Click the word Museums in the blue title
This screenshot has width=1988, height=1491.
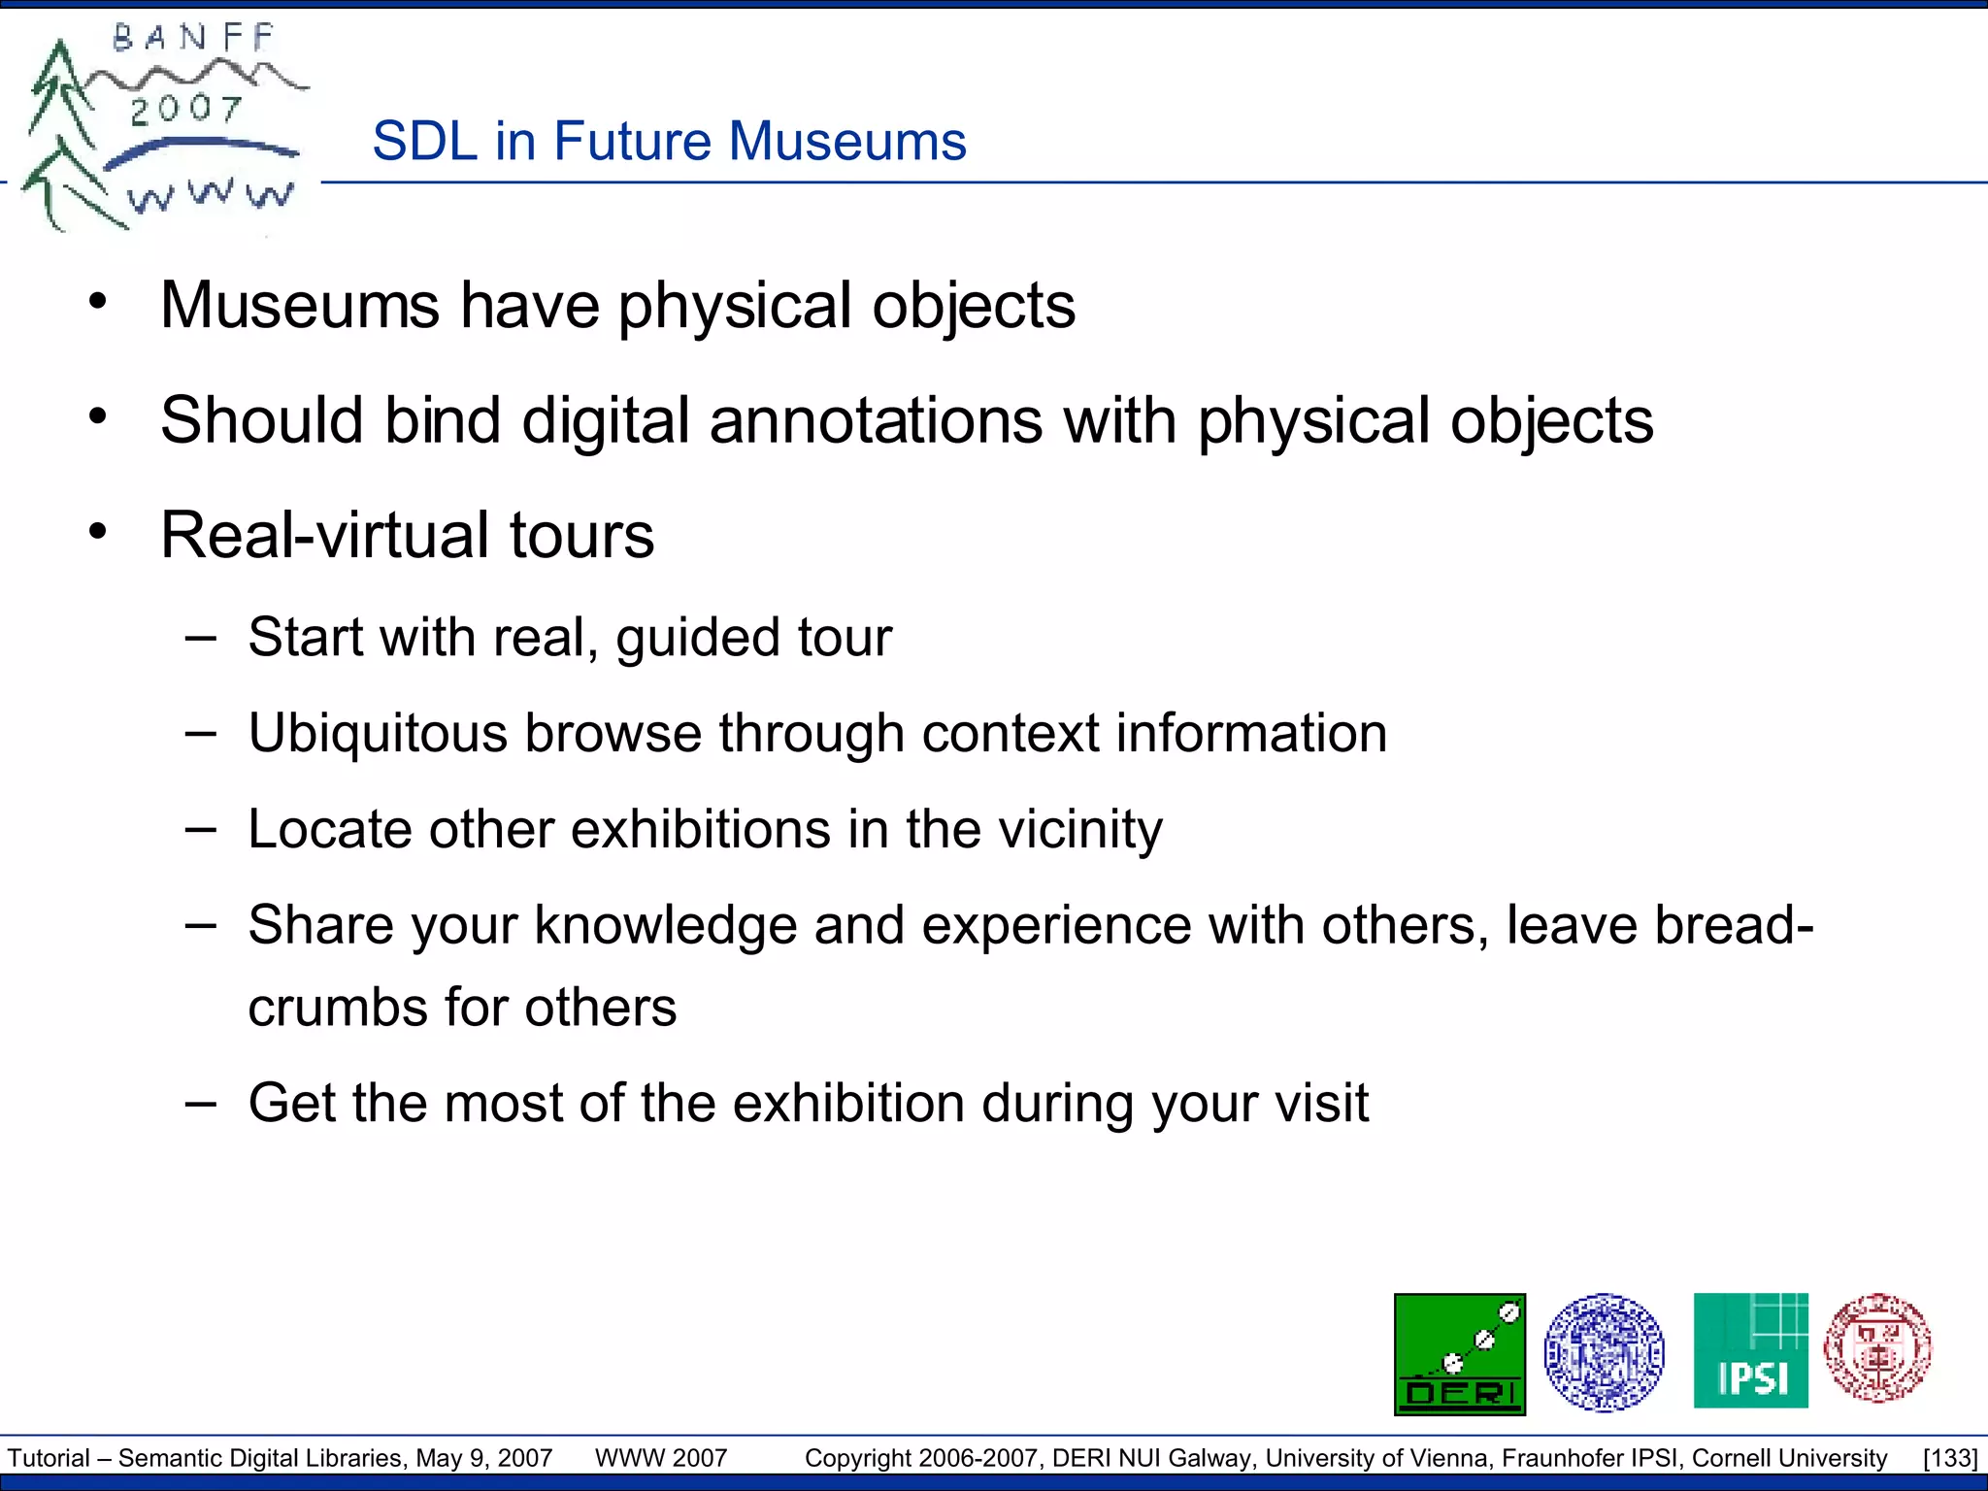pyautogui.click(x=846, y=142)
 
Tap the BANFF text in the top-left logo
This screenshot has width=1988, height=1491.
pyautogui.click(x=194, y=39)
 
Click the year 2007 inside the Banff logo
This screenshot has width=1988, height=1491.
pyautogui.click(x=185, y=110)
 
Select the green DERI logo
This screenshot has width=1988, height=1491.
pyautogui.click(x=1459, y=1354)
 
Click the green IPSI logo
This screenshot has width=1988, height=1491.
pyautogui.click(x=1750, y=1350)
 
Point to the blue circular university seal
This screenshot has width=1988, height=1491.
pyautogui.click(x=1604, y=1352)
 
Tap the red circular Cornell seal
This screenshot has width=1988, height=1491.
pyautogui.click(x=1877, y=1348)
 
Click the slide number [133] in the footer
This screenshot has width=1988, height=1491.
pyautogui.click(x=1949, y=1458)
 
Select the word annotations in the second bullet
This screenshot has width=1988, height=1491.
pyautogui.click(x=876, y=421)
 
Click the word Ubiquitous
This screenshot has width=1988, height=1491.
pyautogui.click(x=378, y=733)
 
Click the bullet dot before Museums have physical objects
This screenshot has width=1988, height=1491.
pyautogui.click(x=97, y=303)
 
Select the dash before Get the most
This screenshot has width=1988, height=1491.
pyautogui.click(x=200, y=1104)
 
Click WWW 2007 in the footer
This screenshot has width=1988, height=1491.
pyautogui.click(x=660, y=1458)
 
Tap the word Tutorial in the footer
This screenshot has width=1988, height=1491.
pyautogui.click(x=49, y=1458)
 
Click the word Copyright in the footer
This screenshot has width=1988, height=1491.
pyautogui.click(x=858, y=1458)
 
